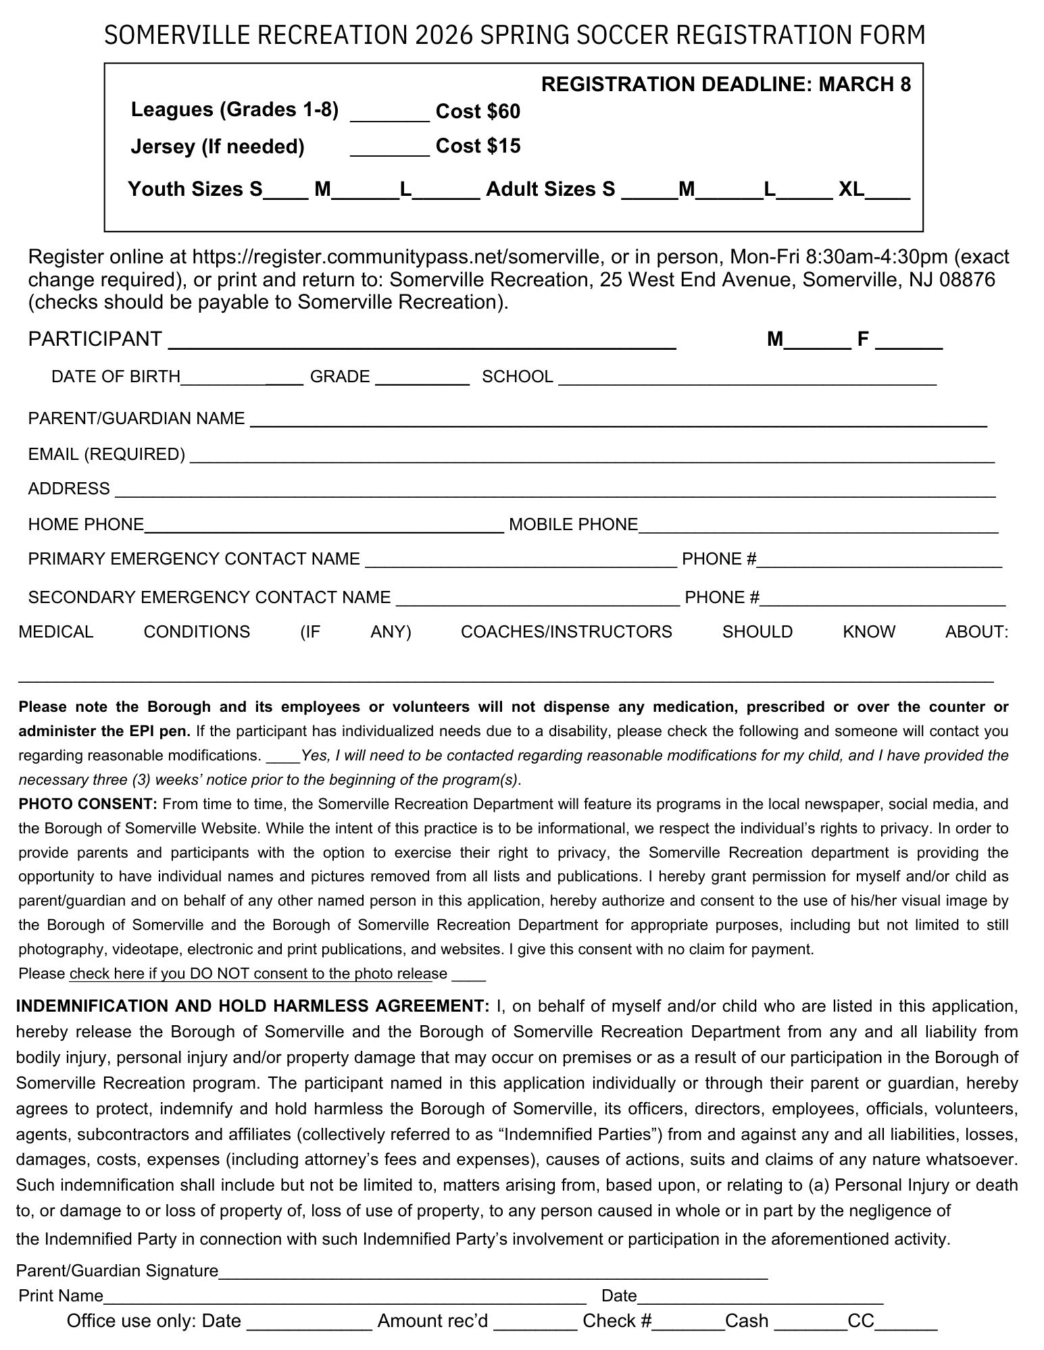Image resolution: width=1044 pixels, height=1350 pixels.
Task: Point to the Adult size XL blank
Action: tap(887, 192)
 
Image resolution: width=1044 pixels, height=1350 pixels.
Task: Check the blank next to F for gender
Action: tap(908, 342)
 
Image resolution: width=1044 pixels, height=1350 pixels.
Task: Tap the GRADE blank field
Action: tap(422, 378)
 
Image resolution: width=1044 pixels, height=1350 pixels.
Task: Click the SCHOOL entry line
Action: tap(747, 380)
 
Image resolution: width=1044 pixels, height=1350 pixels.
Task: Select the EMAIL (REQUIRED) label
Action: tap(106, 455)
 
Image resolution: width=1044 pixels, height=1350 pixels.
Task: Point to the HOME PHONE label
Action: tap(86, 525)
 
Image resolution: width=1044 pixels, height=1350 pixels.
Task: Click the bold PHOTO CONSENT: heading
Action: tap(88, 804)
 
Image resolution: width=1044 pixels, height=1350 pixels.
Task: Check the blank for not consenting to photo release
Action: tap(468, 975)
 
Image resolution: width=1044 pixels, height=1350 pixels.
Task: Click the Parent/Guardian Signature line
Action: tap(493, 1272)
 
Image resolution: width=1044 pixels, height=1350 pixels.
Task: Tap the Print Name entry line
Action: tap(345, 1297)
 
